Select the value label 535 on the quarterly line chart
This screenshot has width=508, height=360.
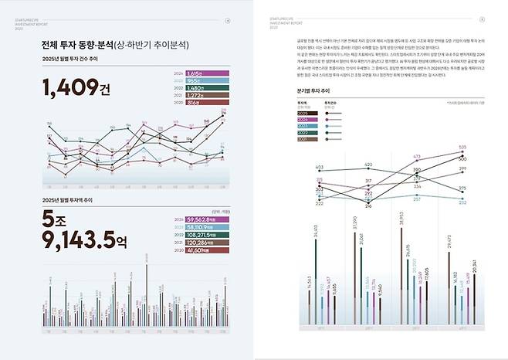(x=462, y=147)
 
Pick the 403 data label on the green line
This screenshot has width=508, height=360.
(x=319, y=167)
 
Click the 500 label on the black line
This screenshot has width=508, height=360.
(x=462, y=154)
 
